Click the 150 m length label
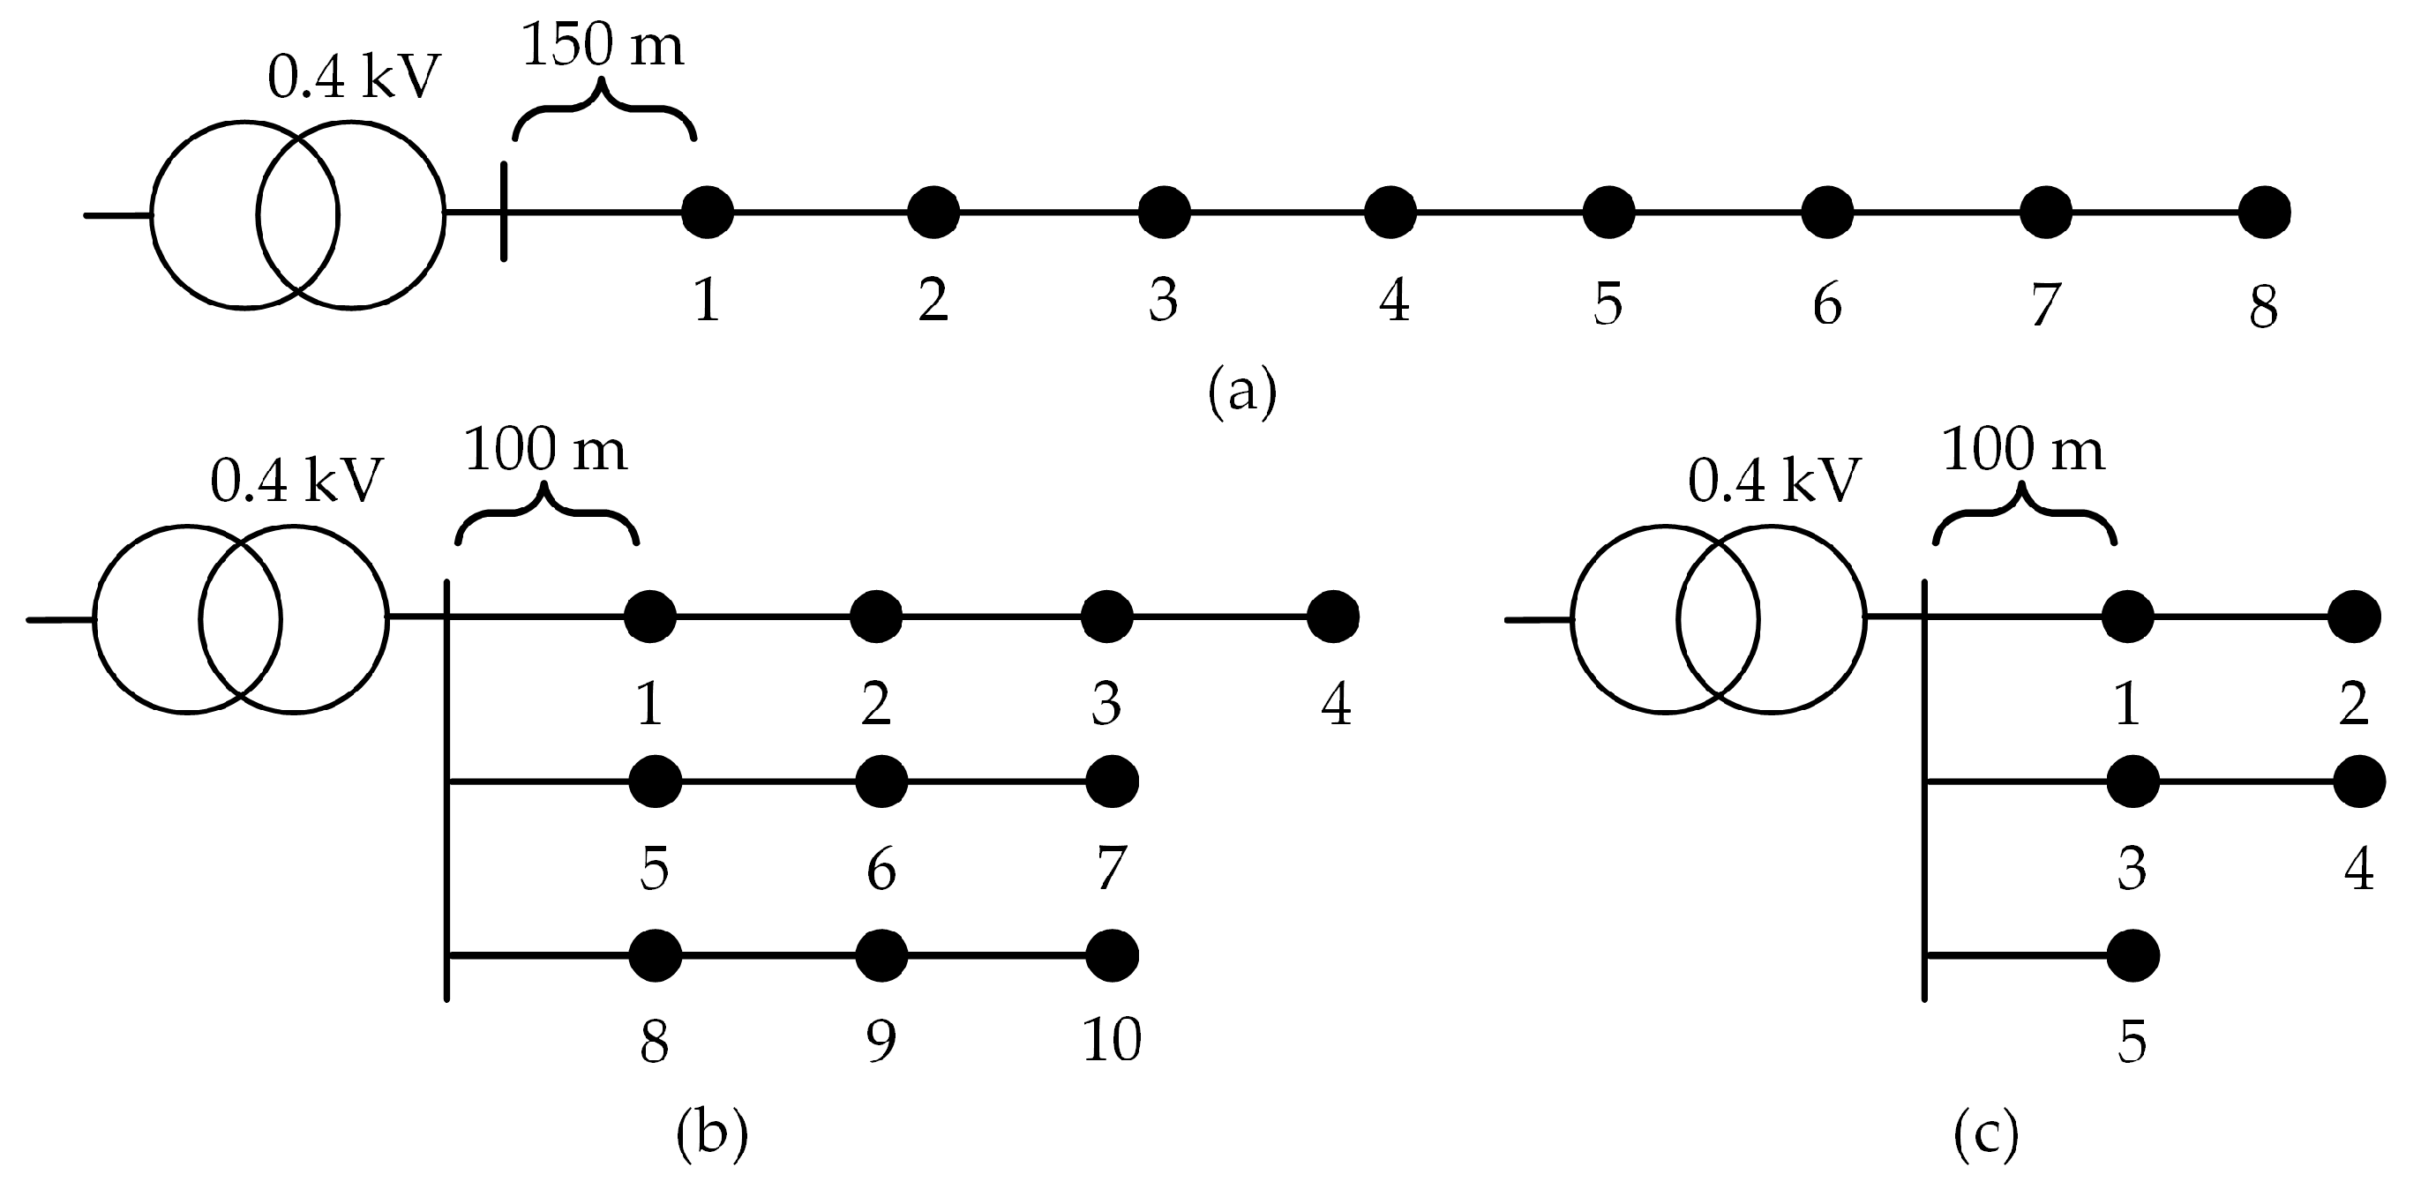tap(603, 44)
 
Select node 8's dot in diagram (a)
tap(2264, 213)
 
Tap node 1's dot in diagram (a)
tap(707, 213)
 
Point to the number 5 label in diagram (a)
tap(1608, 303)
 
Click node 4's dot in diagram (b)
tap(1332, 617)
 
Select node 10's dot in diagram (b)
tap(1112, 956)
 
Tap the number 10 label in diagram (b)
tap(1112, 1040)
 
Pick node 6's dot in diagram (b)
tap(881, 781)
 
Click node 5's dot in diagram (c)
tap(2132, 956)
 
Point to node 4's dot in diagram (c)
tap(2359, 781)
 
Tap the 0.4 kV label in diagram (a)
tap(354, 76)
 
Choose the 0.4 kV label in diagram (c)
tap(1773, 481)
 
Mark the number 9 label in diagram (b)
tap(881, 1040)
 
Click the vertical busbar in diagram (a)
tap(504, 212)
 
